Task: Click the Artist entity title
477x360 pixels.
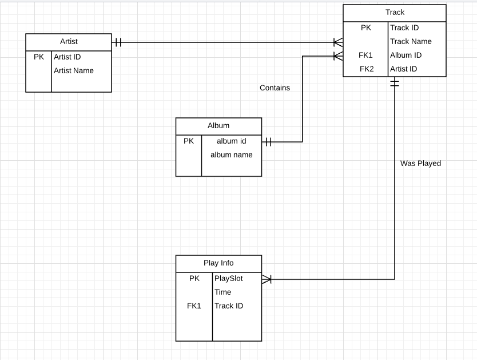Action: [69, 42]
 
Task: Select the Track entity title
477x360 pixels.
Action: [395, 13]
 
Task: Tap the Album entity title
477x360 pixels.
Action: [218, 126]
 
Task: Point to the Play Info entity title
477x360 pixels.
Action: [218, 263]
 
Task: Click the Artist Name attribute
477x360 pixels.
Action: [74, 71]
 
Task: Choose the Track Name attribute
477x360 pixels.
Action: [411, 42]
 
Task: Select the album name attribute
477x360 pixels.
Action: [231, 155]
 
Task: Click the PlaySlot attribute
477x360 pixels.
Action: [229, 279]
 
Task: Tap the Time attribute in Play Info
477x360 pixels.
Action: [223, 292]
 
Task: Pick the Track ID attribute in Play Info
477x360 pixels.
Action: [229, 306]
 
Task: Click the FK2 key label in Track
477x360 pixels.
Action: [366, 69]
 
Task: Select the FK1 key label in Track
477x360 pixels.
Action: [366, 56]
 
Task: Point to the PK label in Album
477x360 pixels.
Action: [189, 141]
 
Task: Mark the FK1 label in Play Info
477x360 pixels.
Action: [194, 306]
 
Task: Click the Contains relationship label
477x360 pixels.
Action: [275, 88]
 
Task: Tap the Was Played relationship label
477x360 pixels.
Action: [420, 164]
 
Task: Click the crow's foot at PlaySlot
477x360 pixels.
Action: [267, 279]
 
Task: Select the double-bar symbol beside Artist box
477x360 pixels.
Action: [118, 42]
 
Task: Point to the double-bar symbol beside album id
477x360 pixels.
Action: [268, 142]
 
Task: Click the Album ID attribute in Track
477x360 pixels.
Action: [406, 56]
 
